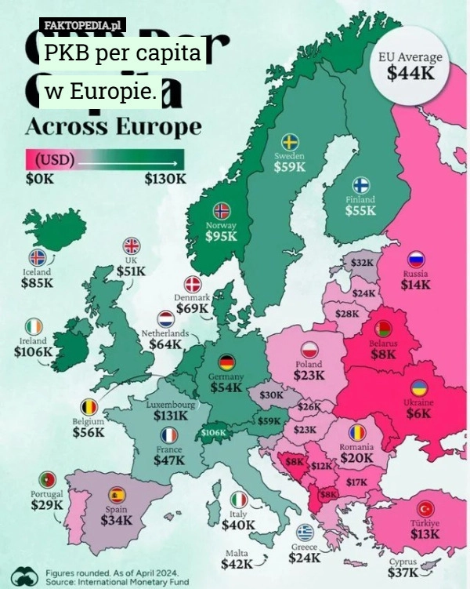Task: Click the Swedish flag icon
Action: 289,141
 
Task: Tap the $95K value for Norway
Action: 221,237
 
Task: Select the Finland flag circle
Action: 361,185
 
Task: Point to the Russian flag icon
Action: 416,260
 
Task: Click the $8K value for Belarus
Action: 384,354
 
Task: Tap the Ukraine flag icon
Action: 419,387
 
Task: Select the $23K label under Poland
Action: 309,376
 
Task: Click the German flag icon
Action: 226,362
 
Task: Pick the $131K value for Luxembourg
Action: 170,415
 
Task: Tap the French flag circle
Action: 168,436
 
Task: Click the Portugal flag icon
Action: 47,479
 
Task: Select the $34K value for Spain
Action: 116,519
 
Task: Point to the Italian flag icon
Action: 240,499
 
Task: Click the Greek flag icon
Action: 305,532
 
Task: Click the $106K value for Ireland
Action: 33,352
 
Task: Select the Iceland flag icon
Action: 37,257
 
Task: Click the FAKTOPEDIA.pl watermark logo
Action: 81,26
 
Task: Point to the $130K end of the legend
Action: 165,178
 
